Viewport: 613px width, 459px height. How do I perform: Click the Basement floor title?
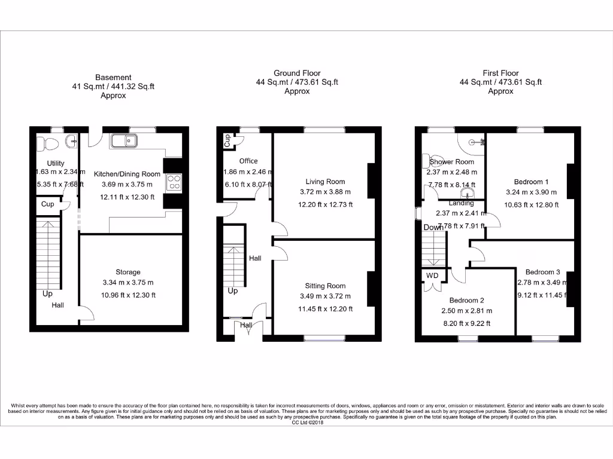pos(113,77)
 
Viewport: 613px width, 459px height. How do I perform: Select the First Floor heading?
pos(500,73)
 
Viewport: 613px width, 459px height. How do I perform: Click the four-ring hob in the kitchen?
pos(174,181)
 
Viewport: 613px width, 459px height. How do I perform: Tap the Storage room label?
pos(128,272)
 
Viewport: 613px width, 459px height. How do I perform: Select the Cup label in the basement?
pos(47,204)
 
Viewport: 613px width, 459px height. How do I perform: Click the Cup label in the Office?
pos(227,140)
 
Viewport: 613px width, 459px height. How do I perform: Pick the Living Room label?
pos(326,182)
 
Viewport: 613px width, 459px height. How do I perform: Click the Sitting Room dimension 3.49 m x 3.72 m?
pos(326,296)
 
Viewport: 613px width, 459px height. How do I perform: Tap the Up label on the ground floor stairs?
pos(233,291)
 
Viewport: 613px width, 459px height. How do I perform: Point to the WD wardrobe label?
pos(432,276)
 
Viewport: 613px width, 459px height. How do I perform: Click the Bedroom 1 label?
pos(531,182)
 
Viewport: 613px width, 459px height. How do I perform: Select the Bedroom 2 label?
pos(466,301)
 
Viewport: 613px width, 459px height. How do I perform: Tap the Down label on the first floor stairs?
pos(433,228)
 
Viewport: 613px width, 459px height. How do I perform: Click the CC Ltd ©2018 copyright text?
pos(306,423)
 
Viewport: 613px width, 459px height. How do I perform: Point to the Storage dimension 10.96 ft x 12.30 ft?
pos(128,295)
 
